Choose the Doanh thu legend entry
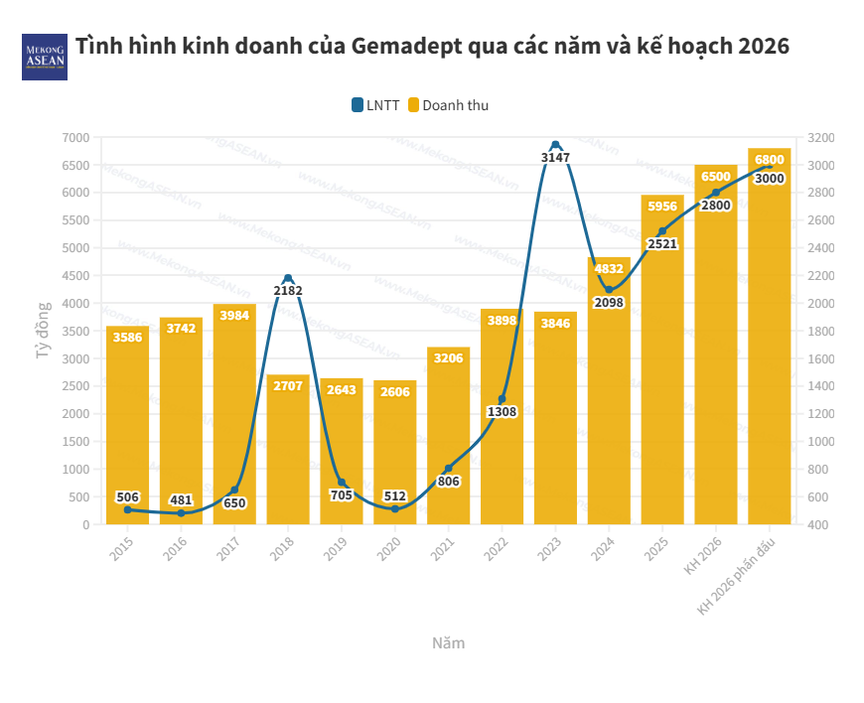click(448, 105)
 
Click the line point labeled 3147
click(555, 145)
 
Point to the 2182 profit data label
click(288, 291)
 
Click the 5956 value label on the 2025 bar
click(662, 207)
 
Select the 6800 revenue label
click(770, 160)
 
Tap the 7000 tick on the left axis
click(75, 137)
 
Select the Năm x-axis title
click(448, 642)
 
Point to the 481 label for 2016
click(181, 500)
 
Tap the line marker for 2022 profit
click(502, 399)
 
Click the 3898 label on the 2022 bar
click(502, 321)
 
